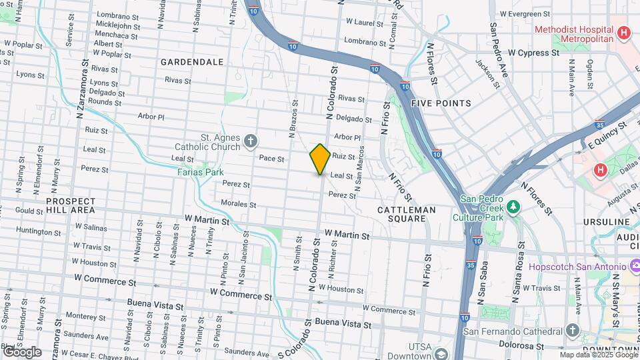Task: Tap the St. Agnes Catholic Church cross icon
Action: click(251, 141)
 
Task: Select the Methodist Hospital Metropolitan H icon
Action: click(624, 31)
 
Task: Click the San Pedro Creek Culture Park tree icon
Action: click(513, 207)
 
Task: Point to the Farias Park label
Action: click(201, 171)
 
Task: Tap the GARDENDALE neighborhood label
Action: click(192, 61)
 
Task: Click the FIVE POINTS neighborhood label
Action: click(441, 103)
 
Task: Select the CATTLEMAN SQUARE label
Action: click(407, 214)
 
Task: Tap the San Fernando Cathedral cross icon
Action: click(572, 329)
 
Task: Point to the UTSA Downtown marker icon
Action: click(439, 352)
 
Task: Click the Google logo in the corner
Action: click(22, 351)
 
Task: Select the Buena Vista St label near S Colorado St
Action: click(343, 323)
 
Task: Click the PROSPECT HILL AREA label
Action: click(71, 205)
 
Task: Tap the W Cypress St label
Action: click(531, 53)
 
